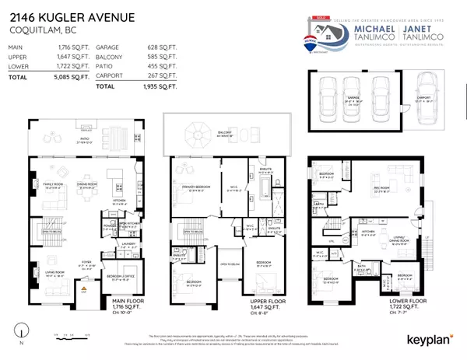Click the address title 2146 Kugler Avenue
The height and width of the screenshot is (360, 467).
tap(70, 18)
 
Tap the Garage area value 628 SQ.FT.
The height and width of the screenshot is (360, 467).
tap(155, 47)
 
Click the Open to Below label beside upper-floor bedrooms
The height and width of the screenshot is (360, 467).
tap(229, 273)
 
